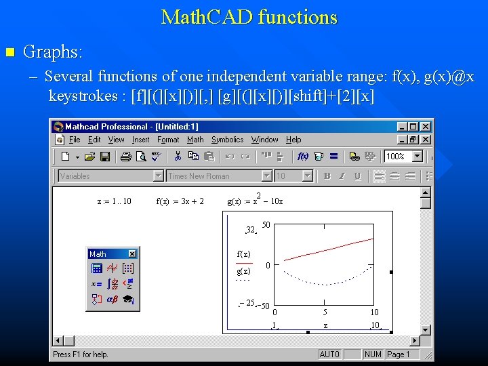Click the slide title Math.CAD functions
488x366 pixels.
click(249, 17)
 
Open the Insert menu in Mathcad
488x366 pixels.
click(140, 140)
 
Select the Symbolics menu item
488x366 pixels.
click(227, 140)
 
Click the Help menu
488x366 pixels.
click(293, 140)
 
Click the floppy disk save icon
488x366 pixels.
click(105, 157)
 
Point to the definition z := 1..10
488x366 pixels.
click(115, 201)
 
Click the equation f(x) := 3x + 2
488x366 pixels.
click(180, 201)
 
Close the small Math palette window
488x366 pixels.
click(132, 254)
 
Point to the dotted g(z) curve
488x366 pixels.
click(325, 283)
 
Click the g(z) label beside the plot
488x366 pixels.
click(243, 271)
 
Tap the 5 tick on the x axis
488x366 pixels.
click(325, 312)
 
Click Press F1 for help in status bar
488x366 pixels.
click(81, 354)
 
